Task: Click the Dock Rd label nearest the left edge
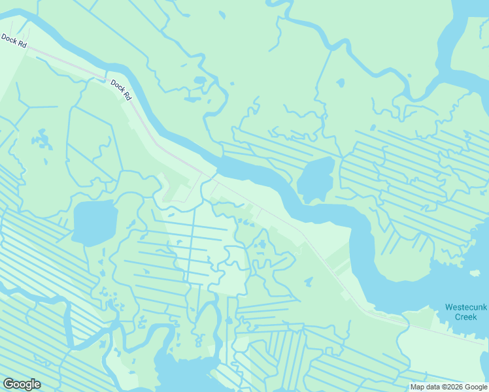(x=14, y=41)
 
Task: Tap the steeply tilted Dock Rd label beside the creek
(x=121, y=90)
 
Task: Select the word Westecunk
(x=465, y=307)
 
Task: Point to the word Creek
(x=465, y=317)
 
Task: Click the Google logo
(x=22, y=384)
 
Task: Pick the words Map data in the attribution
(x=424, y=386)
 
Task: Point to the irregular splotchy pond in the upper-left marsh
(x=42, y=140)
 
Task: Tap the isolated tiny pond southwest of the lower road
(x=308, y=282)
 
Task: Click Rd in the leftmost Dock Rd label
(x=22, y=44)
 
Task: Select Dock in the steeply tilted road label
(x=117, y=85)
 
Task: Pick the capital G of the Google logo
(x=8, y=384)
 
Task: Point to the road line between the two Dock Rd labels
(x=65, y=63)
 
